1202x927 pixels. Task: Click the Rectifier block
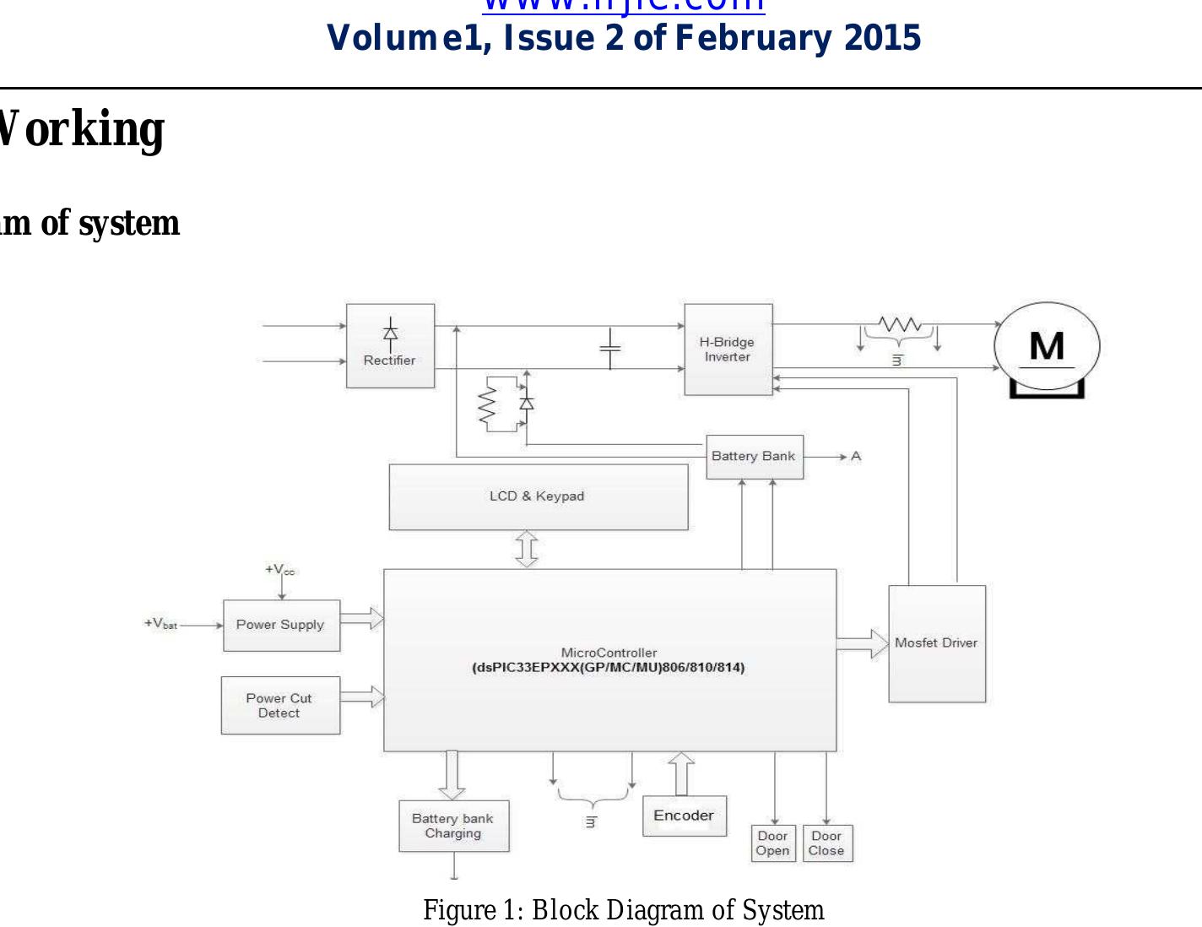coord(390,346)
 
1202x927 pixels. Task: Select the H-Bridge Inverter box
coord(728,350)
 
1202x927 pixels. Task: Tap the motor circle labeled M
coord(1047,346)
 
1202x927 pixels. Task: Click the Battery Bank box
coord(754,457)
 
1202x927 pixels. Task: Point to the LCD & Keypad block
coord(538,496)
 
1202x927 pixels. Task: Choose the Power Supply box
coord(281,626)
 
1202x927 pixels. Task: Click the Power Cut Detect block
coord(280,706)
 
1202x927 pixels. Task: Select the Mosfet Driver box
coord(936,643)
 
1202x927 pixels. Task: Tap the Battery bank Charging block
coord(453,826)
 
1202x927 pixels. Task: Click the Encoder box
coord(684,816)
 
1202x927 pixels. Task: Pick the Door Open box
coord(773,843)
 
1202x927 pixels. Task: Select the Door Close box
coord(827,843)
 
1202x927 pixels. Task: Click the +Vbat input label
coord(160,624)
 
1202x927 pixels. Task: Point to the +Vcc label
coord(279,570)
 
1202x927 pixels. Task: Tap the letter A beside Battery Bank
coord(856,457)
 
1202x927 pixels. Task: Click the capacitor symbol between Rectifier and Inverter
coord(610,347)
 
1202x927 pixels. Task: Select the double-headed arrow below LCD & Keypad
coord(527,549)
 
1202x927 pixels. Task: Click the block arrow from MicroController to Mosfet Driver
coord(862,643)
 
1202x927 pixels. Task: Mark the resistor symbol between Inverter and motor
coord(899,325)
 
